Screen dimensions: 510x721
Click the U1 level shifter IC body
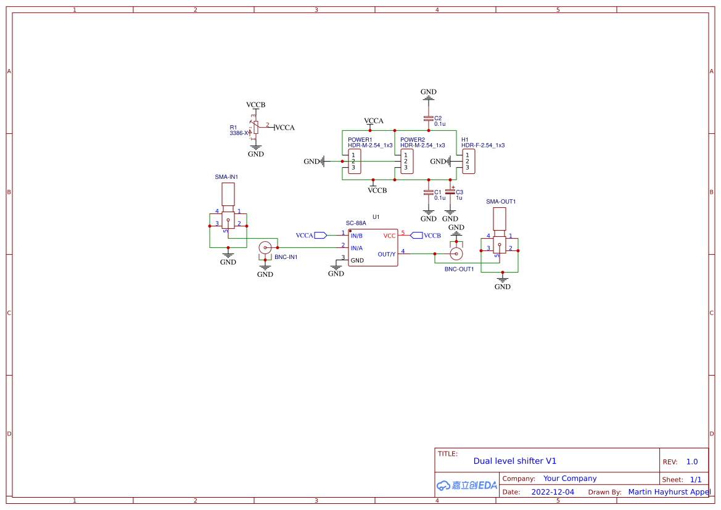pyautogui.click(x=373, y=248)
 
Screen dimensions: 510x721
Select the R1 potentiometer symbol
pyautogui.click(x=253, y=127)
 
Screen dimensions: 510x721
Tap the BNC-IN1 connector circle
pyautogui.click(x=265, y=248)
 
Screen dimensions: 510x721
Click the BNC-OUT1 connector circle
pyautogui.click(x=456, y=253)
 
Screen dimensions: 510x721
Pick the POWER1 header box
pyautogui.click(x=355, y=162)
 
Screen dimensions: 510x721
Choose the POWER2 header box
pyautogui.click(x=406, y=162)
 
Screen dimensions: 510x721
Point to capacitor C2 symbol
pyautogui.click(x=428, y=118)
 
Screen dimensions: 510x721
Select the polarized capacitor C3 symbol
pyautogui.click(x=450, y=192)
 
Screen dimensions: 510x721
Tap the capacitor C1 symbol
pyautogui.click(x=428, y=192)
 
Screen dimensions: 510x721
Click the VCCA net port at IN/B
pyautogui.click(x=320, y=235)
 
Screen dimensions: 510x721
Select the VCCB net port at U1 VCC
pyautogui.click(x=416, y=235)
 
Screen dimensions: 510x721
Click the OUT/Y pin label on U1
pyautogui.click(x=387, y=254)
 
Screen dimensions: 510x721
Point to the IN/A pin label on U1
pyautogui.click(x=356, y=248)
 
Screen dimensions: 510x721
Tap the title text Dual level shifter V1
pyautogui.click(x=515, y=461)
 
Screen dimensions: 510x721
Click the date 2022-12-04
pyautogui.click(x=553, y=492)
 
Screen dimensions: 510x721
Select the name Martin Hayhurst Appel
pyautogui.click(x=669, y=492)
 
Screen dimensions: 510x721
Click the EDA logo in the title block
pyautogui.click(x=467, y=485)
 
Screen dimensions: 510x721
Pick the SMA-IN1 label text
pyautogui.click(x=226, y=177)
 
